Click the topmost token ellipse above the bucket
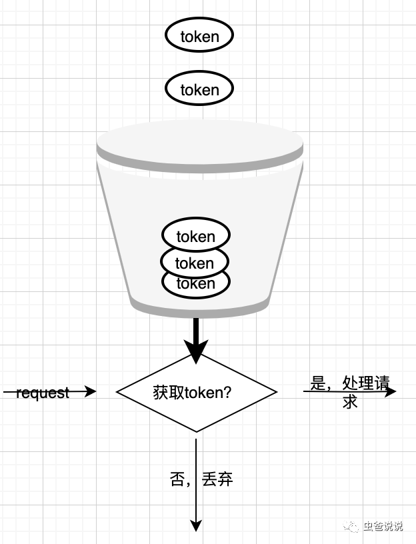click(x=199, y=36)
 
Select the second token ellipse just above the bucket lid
click(x=199, y=89)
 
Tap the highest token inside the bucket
click(x=196, y=236)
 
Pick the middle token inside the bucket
click(x=195, y=263)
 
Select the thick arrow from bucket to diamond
click(x=196, y=333)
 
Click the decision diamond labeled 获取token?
click(x=196, y=393)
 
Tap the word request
click(x=42, y=393)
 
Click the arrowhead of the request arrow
click(x=91, y=392)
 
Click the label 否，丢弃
click(x=201, y=479)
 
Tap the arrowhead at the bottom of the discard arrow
click(x=196, y=525)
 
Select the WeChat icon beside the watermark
click(x=351, y=526)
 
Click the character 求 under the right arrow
click(x=350, y=401)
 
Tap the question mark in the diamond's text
click(x=227, y=393)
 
